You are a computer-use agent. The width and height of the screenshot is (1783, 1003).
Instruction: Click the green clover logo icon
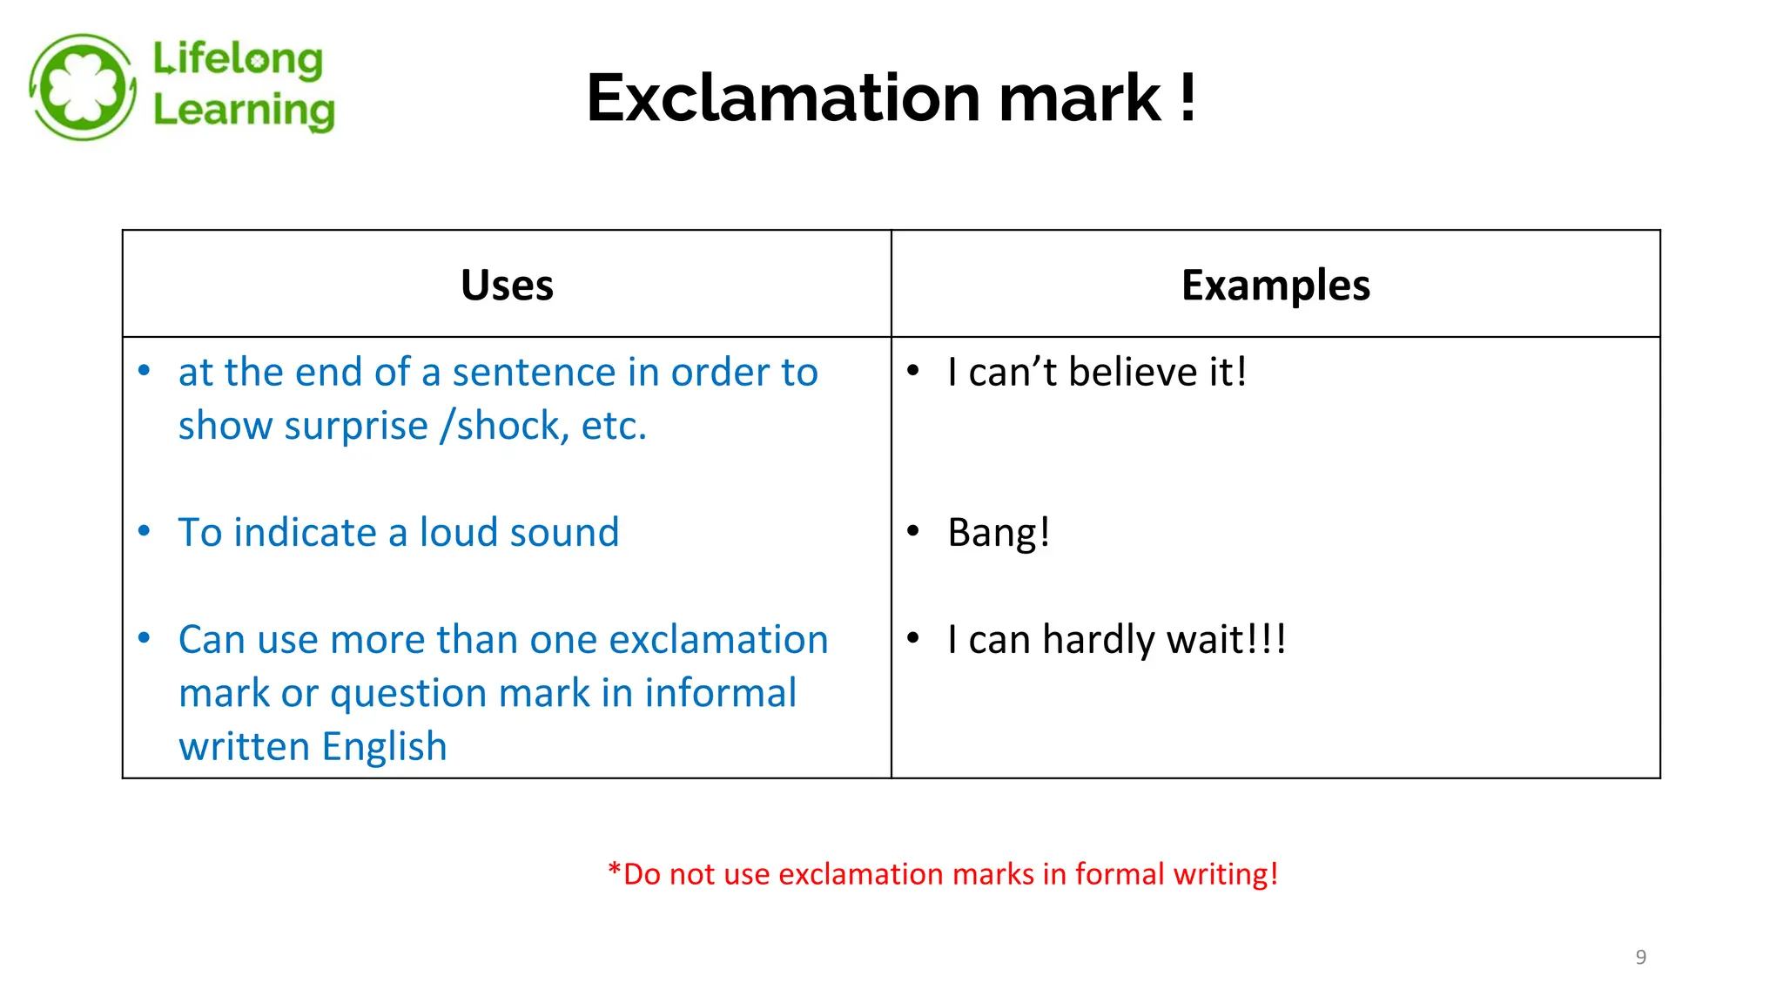coord(83,87)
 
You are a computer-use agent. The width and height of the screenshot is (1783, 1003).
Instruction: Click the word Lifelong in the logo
coord(238,59)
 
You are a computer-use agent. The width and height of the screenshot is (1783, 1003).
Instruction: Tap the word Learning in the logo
coord(244,111)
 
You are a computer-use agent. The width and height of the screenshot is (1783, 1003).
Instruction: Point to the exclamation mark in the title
coord(1188,98)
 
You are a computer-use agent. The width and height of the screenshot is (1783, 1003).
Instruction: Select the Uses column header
coord(507,285)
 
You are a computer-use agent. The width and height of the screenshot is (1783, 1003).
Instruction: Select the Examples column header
coord(1275,285)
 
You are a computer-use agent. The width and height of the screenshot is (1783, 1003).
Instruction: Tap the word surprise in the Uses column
coord(356,427)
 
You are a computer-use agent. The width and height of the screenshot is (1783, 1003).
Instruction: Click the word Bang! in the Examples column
coord(999,533)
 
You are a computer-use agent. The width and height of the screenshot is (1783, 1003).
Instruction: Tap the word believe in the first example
coord(1134,373)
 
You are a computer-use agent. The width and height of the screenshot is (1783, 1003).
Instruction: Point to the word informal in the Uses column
coord(720,694)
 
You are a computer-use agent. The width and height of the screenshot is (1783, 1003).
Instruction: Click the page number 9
coord(1640,957)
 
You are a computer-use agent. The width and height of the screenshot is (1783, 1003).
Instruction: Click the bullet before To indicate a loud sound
coord(145,531)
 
